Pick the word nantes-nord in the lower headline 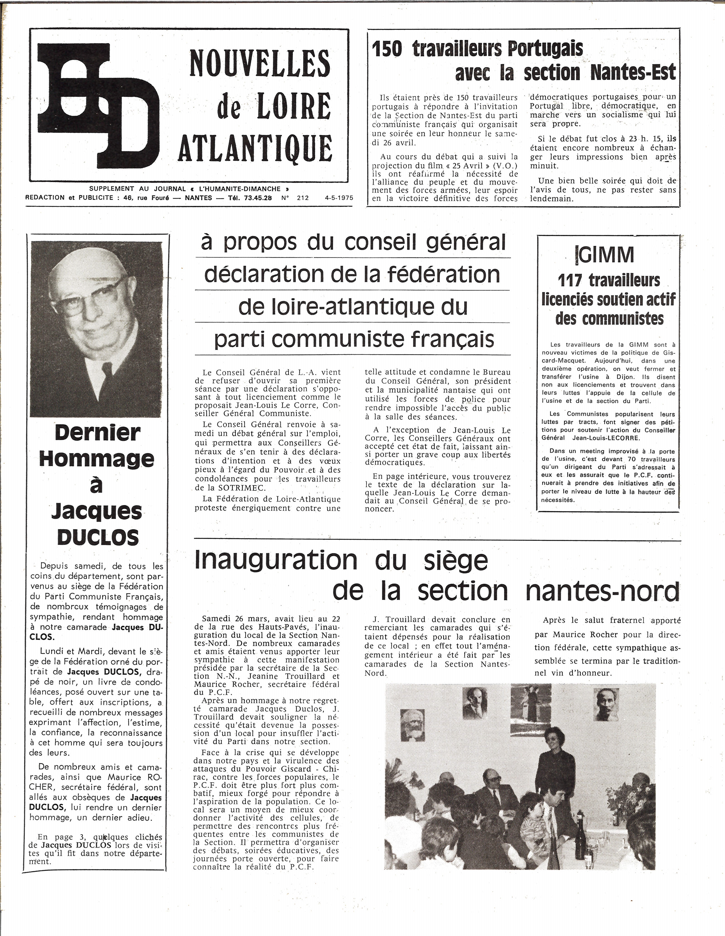click(x=602, y=592)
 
